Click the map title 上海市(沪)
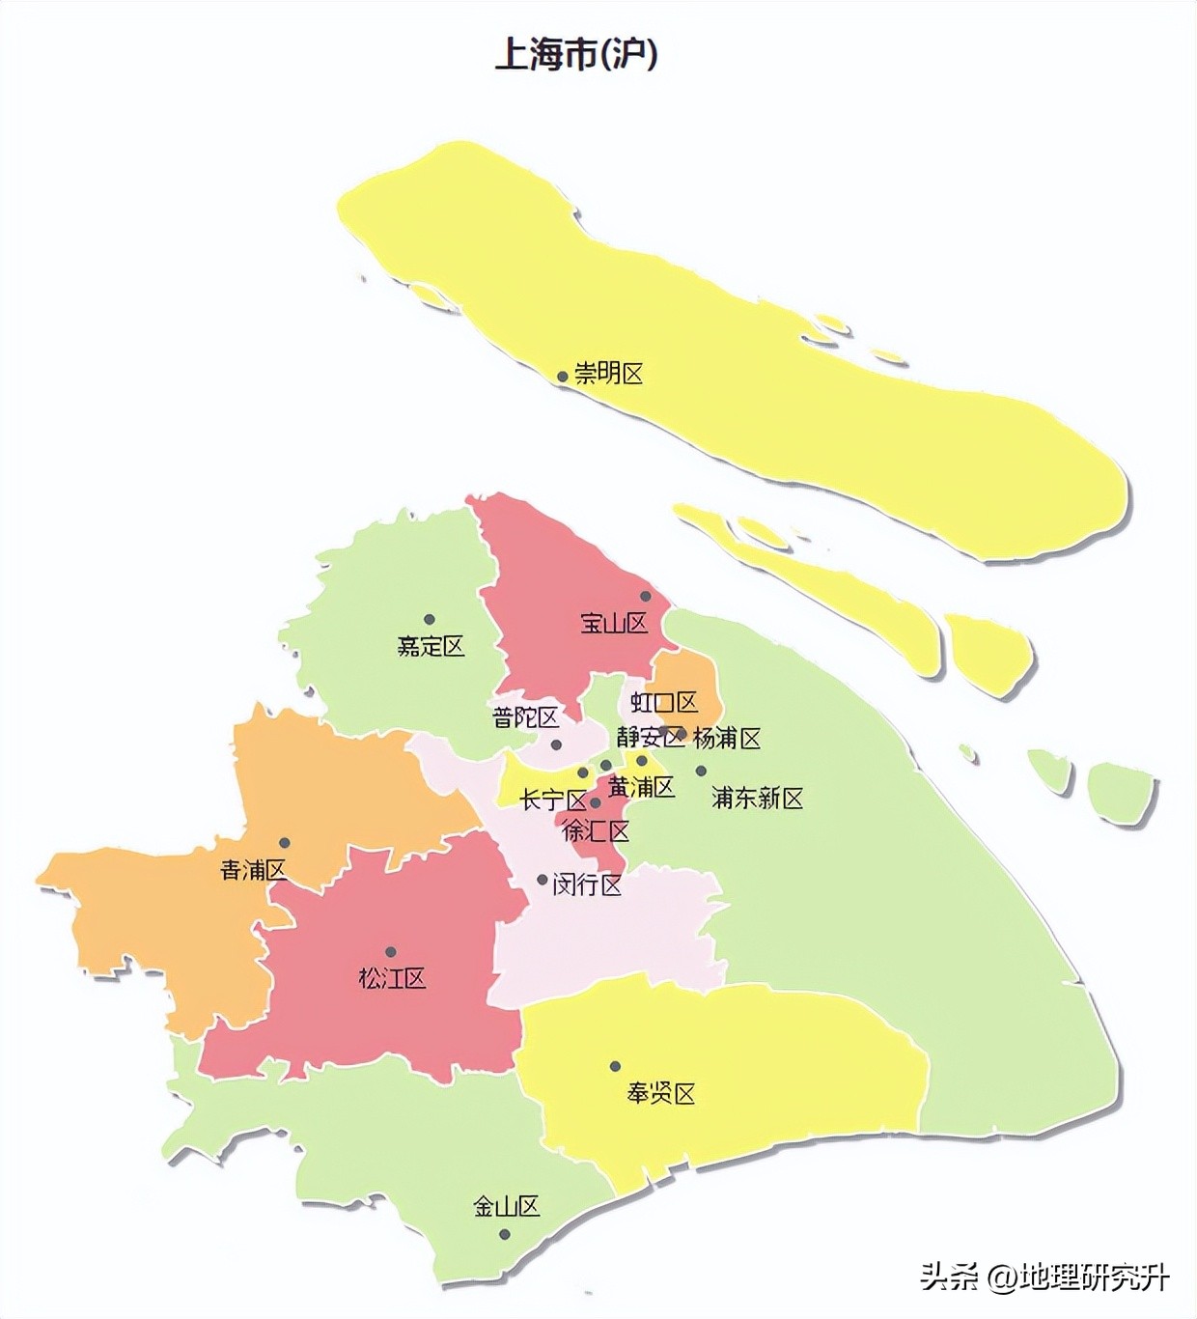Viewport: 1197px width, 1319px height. [576, 53]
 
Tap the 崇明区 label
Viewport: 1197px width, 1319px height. [609, 374]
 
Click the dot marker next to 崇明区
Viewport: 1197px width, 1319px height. [562, 377]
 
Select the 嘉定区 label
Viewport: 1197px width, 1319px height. [431, 646]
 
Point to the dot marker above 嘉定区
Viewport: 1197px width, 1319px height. [430, 619]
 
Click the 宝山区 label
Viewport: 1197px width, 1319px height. [614, 623]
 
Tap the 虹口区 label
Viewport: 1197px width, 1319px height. [664, 702]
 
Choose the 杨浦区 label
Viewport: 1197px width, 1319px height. [727, 739]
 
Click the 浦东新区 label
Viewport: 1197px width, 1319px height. [758, 799]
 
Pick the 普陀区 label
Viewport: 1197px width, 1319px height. [525, 717]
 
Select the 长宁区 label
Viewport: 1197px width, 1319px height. [553, 800]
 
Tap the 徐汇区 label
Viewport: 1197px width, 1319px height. [597, 830]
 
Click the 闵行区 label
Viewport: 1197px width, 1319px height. [587, 884]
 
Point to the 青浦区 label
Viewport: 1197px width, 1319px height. [254, 870]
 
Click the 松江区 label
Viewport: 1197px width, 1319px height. [392, 978]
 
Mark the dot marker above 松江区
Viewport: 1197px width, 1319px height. [391, 952]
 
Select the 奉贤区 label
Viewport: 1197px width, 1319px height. [661, 1094]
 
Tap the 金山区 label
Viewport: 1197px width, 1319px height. [506, 1206]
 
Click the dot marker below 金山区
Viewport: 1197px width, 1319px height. [504, 1234]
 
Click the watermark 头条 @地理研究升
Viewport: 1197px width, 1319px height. [1044, 1277]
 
